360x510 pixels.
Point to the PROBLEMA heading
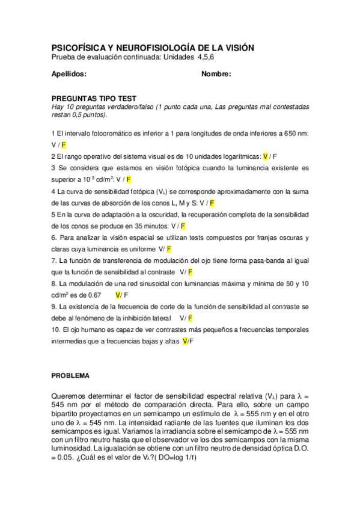tap(70, 375)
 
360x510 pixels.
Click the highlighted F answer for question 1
tap(64, 145)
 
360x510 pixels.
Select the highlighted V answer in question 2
tap(266, 156)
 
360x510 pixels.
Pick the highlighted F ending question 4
tap(212, 203)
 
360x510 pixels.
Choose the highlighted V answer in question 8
tap(118, 295)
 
